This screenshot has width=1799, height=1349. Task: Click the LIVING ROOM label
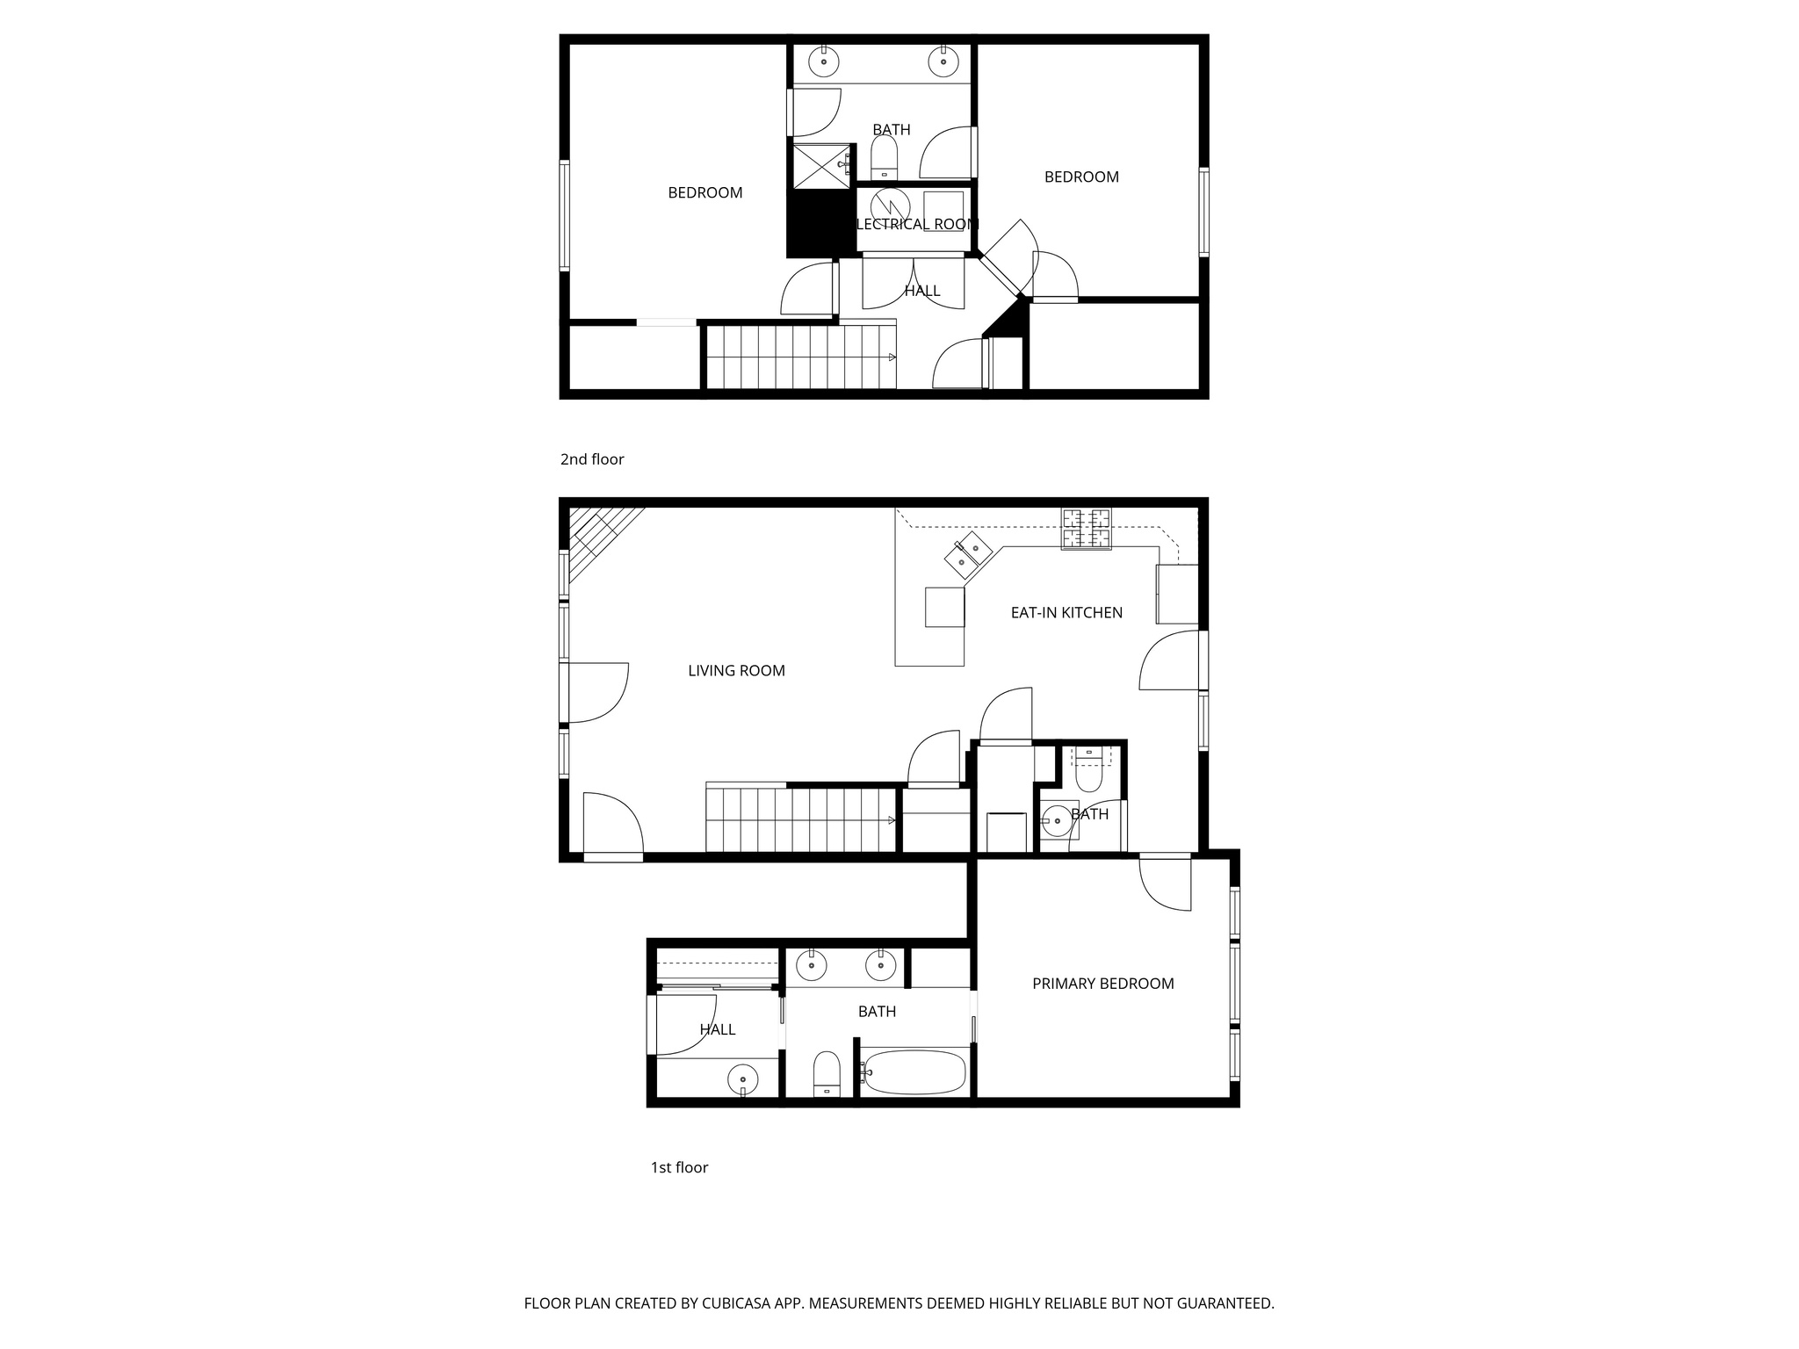coord(736,671)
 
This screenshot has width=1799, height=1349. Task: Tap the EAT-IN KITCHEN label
coord(1066,613)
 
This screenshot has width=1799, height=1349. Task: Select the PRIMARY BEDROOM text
coord(1102,984)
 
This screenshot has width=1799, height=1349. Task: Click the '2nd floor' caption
coord(592,459)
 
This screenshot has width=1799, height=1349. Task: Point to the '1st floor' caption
coord(679,1167)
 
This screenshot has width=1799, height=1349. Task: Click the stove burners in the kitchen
coord(1087,529)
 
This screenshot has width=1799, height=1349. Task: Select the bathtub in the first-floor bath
coord(914,1072)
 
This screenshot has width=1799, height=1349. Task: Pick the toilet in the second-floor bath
coord(884,158)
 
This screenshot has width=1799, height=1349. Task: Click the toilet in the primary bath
coord(827,1072)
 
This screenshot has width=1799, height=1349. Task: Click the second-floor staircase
coord(799,357)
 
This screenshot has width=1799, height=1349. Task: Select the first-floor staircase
coord(799,820)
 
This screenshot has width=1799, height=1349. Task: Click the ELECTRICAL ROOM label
coord(916,225)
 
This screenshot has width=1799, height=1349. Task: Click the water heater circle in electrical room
coord(890,207)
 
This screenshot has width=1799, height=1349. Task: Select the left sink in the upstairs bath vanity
coord(823,61)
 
